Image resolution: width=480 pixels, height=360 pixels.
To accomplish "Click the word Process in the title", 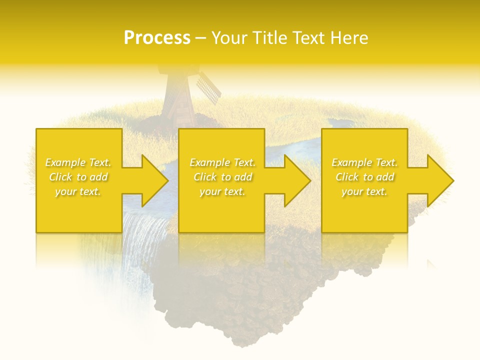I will (x=157, y=38).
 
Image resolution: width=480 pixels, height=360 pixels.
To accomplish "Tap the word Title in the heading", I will (x=271, y=38).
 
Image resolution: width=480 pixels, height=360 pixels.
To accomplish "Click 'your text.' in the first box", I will (x=78, y=191).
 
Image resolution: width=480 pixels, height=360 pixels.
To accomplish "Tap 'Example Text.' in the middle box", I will (x=222, y=162).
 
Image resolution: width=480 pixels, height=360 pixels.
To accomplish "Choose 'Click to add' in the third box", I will (x=364, y=177).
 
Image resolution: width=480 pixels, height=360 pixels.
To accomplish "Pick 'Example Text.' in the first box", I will (x=78, y=162).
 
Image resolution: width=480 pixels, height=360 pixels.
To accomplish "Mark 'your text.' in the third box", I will (x=364, y=191).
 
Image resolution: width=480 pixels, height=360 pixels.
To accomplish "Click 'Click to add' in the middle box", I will (x=222, y=177).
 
